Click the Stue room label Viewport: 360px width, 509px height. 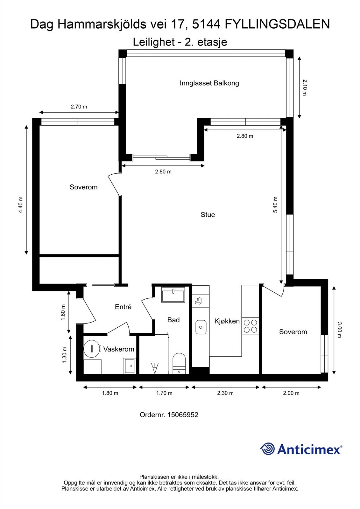208,215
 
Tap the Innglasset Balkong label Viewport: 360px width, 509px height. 209,83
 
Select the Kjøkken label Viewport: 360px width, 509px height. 227,321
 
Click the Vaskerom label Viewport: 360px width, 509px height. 118,349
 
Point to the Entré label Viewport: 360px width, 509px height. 123,307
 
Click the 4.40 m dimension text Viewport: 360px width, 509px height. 20,205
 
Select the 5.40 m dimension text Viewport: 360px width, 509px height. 276,205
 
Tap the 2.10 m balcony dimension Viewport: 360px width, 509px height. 305,87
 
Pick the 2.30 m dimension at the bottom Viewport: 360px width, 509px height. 225,393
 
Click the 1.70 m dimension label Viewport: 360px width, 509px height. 164,393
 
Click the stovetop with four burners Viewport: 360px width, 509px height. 250,326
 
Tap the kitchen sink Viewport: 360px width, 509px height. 201,327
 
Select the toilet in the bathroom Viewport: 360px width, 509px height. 179,363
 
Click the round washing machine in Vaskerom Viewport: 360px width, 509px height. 91,349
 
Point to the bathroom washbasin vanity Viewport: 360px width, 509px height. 173,295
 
